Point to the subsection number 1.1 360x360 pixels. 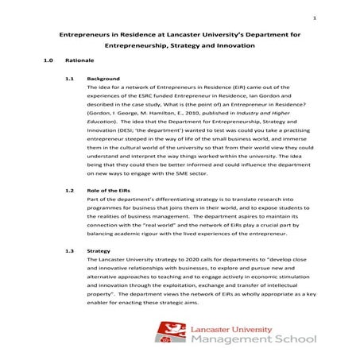[x=68, y=79]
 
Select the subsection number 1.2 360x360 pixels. [x=68, y=192]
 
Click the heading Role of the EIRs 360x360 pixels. [x=113, y=192]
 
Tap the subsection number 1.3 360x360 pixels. [x=68, y=250]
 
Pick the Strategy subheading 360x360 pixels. [x=99, y=250]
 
